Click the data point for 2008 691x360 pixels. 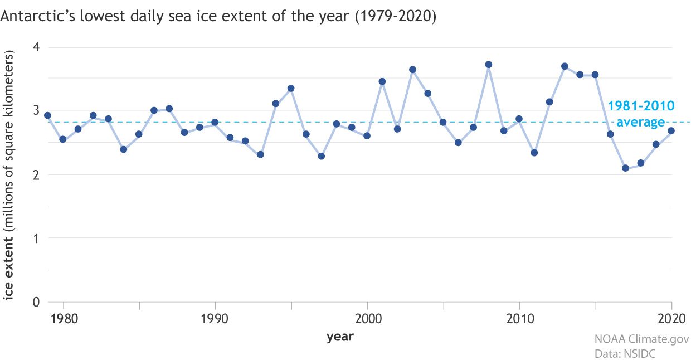pos(489,65)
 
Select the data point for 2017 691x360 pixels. pos(626,168)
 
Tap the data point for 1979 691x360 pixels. pos(47,115)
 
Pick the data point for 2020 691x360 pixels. pos(671,131)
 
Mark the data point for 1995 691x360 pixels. pos(291,88)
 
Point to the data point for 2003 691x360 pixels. pos(413,70)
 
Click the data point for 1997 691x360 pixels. pos(322,156)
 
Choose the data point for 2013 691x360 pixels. pos(565,66)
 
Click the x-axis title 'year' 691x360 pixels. pos(340,337)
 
